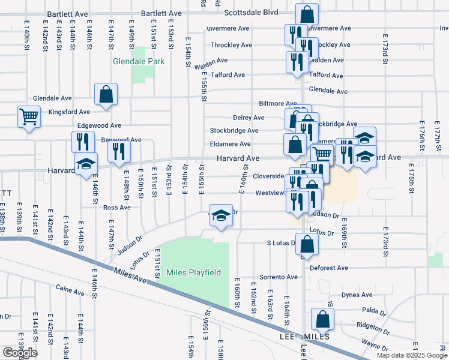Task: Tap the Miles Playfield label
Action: pos(193,273)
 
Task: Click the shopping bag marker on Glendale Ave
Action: pos(106,94)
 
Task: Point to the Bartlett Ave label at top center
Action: pos(161,13)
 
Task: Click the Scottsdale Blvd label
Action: pos(252,12)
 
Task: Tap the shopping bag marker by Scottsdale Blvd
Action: pos(307,14)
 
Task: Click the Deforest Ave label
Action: pos(330,268)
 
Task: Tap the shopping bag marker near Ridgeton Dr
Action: pos(322,321)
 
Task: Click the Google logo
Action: pos(20,353)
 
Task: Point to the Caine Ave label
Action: pos(70,292)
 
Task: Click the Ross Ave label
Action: pos(116,208)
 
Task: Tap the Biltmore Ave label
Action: pos(278,103)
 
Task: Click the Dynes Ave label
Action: pos(357,295)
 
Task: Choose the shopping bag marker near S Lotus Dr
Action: pos(307,245)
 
